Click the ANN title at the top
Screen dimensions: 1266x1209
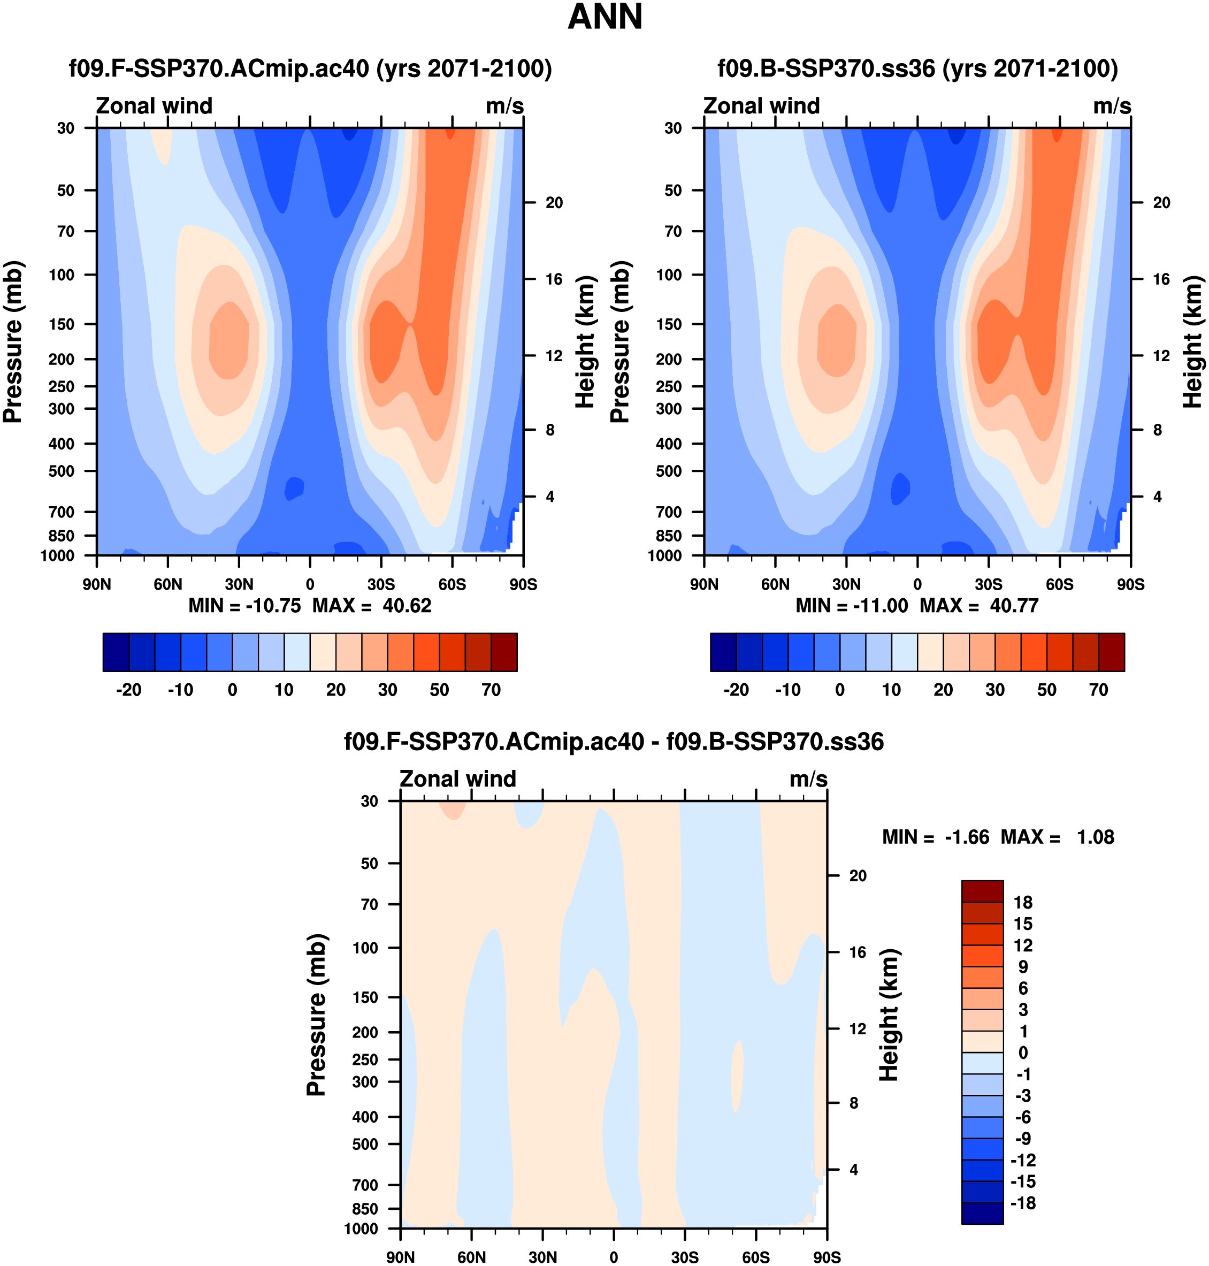click(604, 18)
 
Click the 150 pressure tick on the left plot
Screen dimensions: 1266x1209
click(62, 324)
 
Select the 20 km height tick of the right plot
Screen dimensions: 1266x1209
click(1161, 203)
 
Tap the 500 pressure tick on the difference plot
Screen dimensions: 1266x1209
click(365, 1144)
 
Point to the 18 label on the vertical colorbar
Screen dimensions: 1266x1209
click(1023, 903)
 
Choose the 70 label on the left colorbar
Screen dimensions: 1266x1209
click(491, 690)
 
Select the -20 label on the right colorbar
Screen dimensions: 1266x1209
click(736, 690)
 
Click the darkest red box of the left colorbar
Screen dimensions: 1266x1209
click(504, 652)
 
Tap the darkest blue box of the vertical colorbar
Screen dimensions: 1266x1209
click(982, 1213)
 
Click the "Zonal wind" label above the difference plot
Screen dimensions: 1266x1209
click(457, 779)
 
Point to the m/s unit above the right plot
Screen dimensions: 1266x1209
click(1112, 106)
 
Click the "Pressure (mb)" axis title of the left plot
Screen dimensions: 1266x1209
click(13, 341)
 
